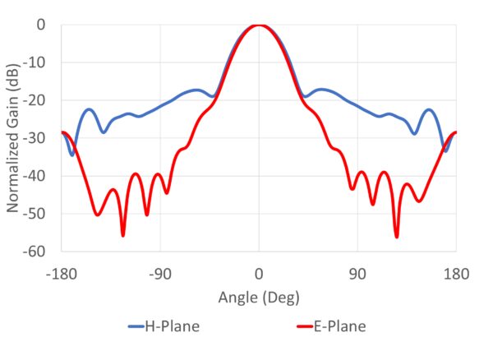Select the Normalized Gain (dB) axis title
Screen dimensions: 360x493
pyautogui.click(x=14, y=138)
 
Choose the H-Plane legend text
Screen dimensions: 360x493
pyautogui.click(x=173, y=326)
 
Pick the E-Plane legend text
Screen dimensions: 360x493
pyautogui.click(x=339, y=326)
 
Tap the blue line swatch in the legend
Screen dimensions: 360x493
pyautogui.click(x=136, y=327)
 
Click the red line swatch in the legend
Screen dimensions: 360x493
pyautogui.click(x=303, y=327)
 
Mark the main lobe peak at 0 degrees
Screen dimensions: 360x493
pyautogui.click(x=259, y=25)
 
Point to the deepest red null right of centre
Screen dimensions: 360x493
pyautogui.click(x=396, y=236)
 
